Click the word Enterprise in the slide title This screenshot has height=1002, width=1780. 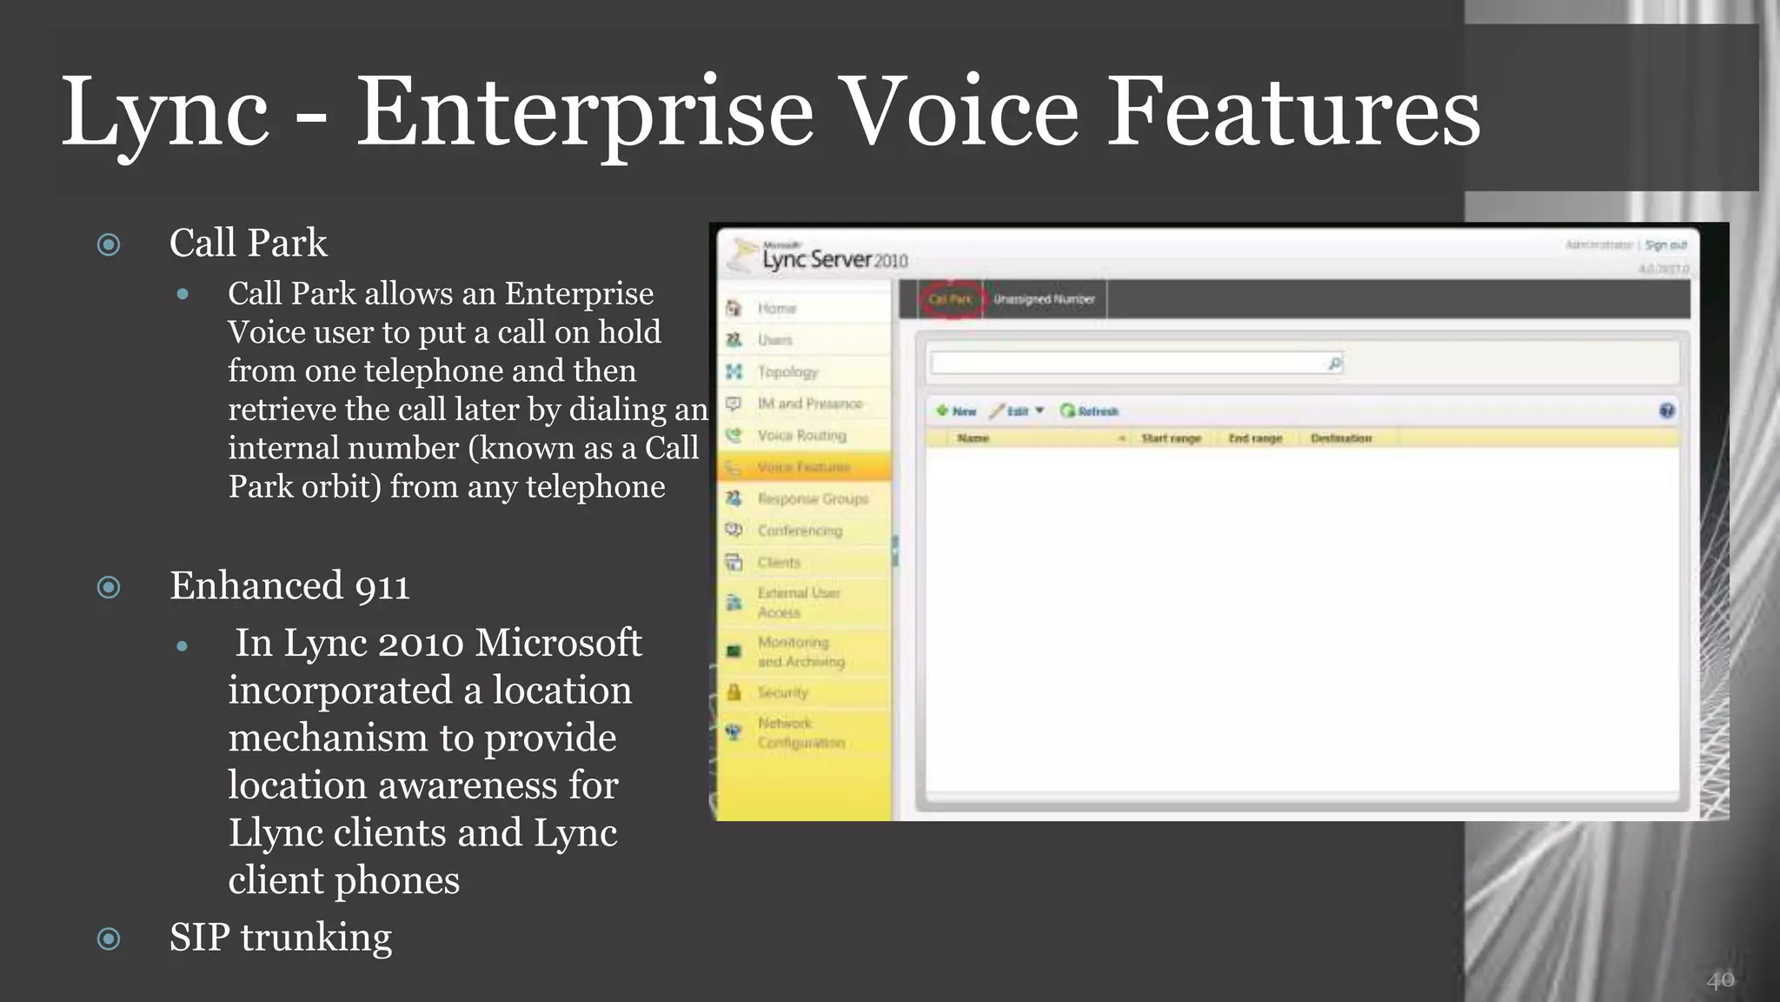point(584,113)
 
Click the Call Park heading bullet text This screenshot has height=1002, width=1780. point(248,243)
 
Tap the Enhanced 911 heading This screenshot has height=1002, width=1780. point(289,585)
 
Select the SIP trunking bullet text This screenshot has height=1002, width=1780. point(280,938)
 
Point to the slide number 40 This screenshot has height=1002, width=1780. point(1720,980)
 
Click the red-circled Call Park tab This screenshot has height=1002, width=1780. point(950,299)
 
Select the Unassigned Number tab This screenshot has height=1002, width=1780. point(1044,299)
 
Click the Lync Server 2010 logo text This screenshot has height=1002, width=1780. point(834,259)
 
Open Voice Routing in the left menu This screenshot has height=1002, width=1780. point(800,435)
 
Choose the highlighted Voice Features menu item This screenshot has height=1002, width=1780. point(802,467)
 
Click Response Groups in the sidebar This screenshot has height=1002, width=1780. point(812,498)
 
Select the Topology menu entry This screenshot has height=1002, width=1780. point(787,371)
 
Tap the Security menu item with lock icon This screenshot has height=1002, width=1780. point(782,692)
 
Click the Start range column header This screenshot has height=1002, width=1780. point(1171,438)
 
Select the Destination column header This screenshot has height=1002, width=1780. point(1340,438)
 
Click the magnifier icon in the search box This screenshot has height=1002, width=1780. point(1335,364)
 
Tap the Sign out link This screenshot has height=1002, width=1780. point(1665,245)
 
